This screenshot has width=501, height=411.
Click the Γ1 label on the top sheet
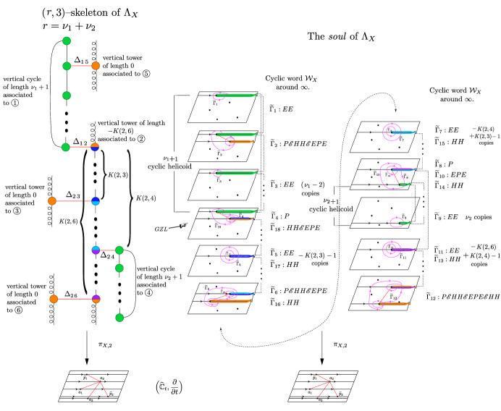click(x=215, y=103)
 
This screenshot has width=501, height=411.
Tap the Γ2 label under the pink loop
click(x=219, y=153)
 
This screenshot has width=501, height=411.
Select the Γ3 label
click(x=219, y=180)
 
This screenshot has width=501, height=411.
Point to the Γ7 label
click(x=401, y=139)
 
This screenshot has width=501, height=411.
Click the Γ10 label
click(x=376, y=174)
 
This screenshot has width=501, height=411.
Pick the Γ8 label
click(x=405, y=177)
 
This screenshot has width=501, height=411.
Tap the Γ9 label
click(x=404, y=216)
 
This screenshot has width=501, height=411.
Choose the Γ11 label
click(x=403, y=257)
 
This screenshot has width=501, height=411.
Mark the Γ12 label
click(x=393, y=297)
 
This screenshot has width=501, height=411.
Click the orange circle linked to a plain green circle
click(x=96, y=66)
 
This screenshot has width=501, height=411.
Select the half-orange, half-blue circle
click(x=95, y=148)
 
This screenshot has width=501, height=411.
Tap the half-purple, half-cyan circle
click(x=96, y=250)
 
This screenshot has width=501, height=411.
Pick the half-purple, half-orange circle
click(x=96, y=299)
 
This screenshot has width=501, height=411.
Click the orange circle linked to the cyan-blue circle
click(x=52, y=201)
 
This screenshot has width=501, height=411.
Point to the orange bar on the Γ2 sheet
click(x=240, y=141)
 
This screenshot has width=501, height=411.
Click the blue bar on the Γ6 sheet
click(x=241, y=256)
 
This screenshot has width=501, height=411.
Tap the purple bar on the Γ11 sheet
click(x=402, y=250)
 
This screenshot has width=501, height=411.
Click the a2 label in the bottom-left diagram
click(x=102, y=378)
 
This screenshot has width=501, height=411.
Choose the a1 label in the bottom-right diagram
click(x=310, y=392)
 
